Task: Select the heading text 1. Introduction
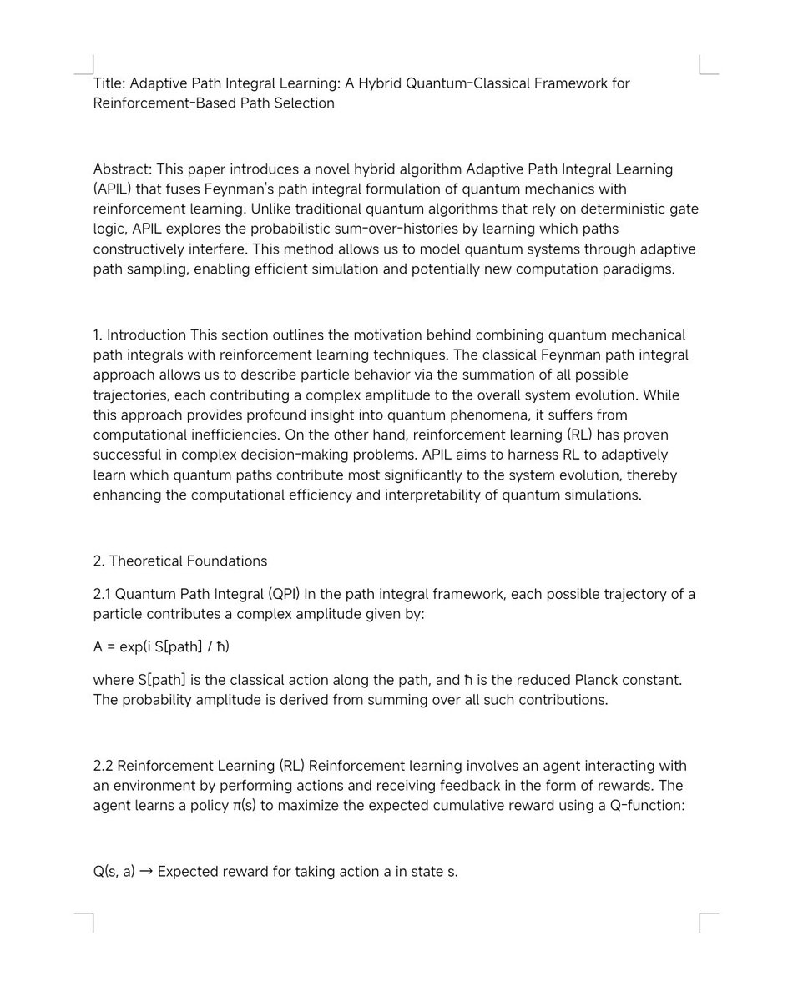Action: [x=139, y=335]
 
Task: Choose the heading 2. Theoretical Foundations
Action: [x=180, y=561]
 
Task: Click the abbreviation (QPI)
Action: [x=283, y=594]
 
